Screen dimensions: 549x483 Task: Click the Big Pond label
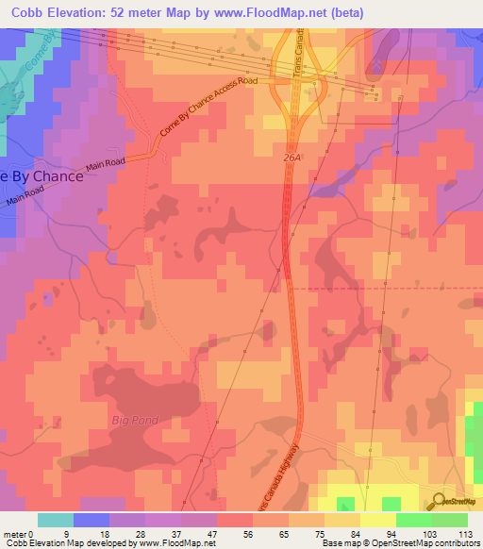pos(132,418)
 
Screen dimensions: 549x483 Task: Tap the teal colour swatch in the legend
pos(55,520)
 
